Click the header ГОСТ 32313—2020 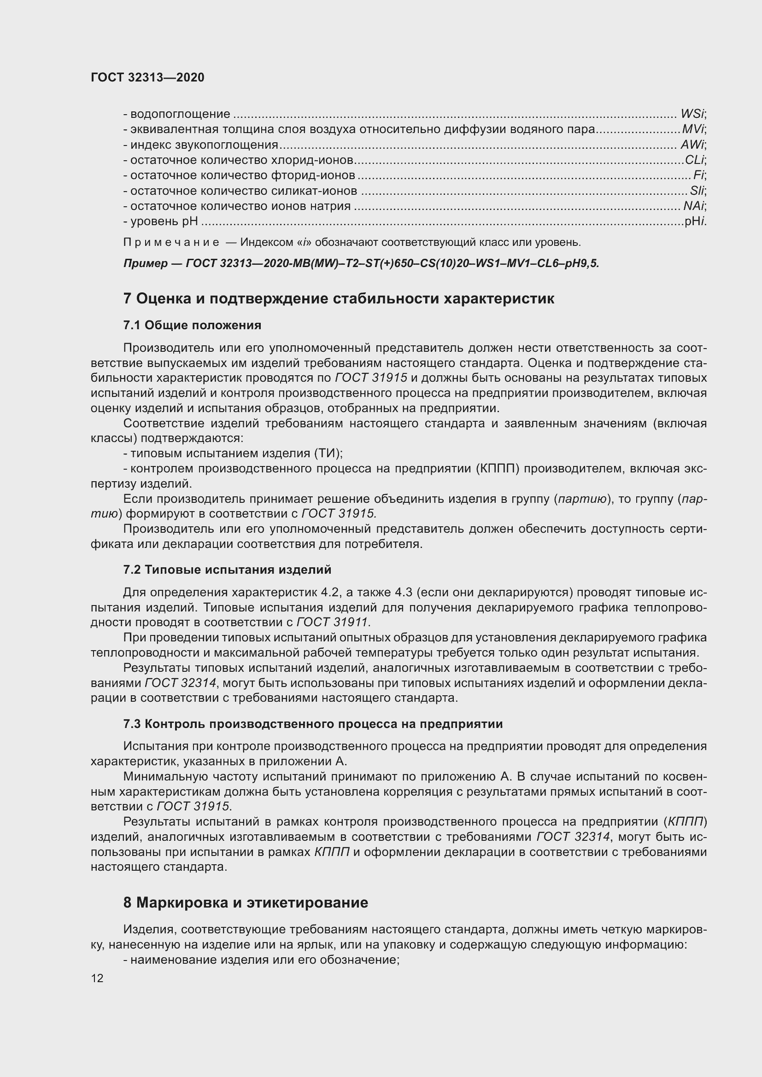[147, 77]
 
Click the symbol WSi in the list [692, 114]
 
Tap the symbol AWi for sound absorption [692, 145]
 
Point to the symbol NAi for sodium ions [693, 206]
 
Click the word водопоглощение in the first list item [180, 114]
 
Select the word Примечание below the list [171, 243]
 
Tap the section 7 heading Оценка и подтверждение [338, 299]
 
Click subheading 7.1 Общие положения [193, 325]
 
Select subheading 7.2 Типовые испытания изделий [227, 570]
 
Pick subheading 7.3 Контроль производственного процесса [313, 724]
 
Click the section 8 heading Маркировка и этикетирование [246, 903]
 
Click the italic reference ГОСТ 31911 [333, 623]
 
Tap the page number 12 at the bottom [97, 978]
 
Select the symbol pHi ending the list [695, 221]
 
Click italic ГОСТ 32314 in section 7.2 [180, 683]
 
